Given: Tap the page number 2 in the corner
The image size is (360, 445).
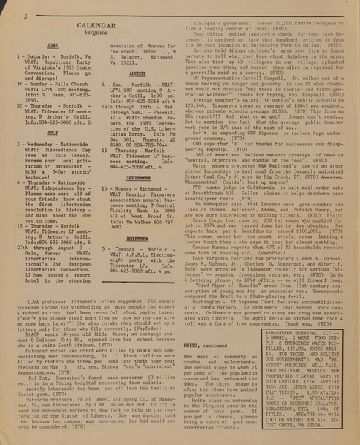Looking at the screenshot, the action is (x=7, y=7).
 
